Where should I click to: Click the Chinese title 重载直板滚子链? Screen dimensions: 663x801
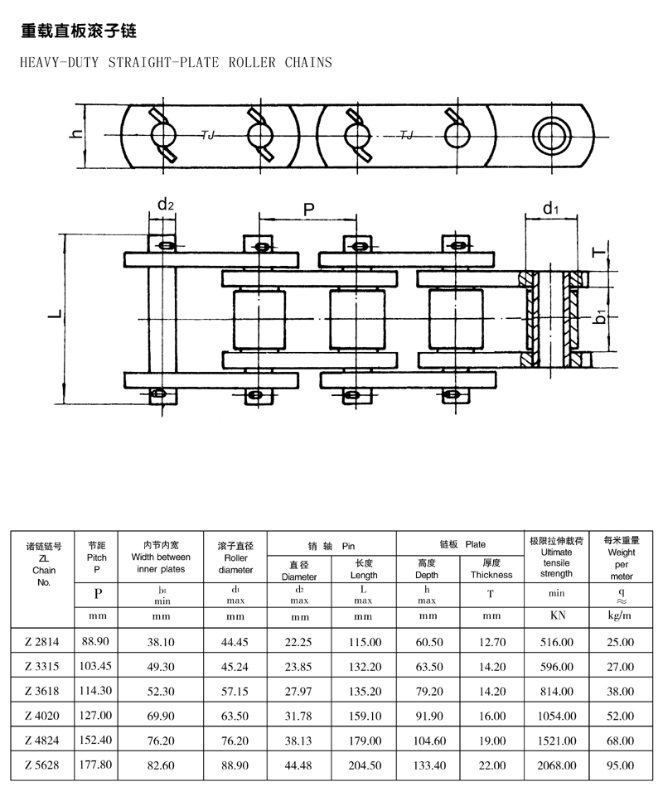[79, 31]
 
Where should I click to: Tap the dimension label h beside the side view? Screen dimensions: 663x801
[76, 134]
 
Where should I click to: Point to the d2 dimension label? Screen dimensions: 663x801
[166, 205]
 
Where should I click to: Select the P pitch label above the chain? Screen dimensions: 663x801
[309, 210]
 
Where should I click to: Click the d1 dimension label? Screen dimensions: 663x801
[551, 208]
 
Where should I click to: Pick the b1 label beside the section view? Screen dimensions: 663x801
[601, 316]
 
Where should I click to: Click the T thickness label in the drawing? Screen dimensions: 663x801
[598, 252]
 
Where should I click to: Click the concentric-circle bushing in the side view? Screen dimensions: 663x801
[552, 136]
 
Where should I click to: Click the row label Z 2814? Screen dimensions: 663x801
[42, 642]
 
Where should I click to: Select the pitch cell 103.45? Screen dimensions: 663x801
[95, 666]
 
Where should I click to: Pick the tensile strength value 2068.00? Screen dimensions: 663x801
[557, 765]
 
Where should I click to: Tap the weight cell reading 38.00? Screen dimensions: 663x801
[621, 691]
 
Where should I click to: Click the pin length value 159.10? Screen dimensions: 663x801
[365, 716]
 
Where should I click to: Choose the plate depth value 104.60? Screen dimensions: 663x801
[429, 741]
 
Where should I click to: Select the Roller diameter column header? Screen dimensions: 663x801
[235, 557]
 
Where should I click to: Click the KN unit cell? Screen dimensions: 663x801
[558, 615]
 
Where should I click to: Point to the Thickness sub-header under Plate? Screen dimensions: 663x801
[491, 575]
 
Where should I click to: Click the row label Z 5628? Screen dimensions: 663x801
[42, 765]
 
